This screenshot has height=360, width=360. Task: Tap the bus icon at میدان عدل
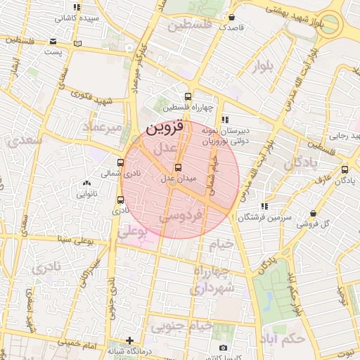click(x=177, y=167)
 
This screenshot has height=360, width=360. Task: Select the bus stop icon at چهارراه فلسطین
click(x=188, y=97)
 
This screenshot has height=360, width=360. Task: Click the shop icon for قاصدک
click(x=231, y=18)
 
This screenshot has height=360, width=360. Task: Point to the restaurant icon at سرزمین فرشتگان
click(x=264, y=206)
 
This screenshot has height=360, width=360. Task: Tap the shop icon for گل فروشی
click(x=313, y=213)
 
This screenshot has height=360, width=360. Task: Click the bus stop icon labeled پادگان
click(x=344, y=169)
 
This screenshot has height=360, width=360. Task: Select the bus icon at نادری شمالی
click(x=121, y=161)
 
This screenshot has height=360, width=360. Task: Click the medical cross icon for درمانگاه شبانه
click(x=128, y=340)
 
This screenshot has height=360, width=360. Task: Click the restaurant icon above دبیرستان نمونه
click(x=224, y=120)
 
